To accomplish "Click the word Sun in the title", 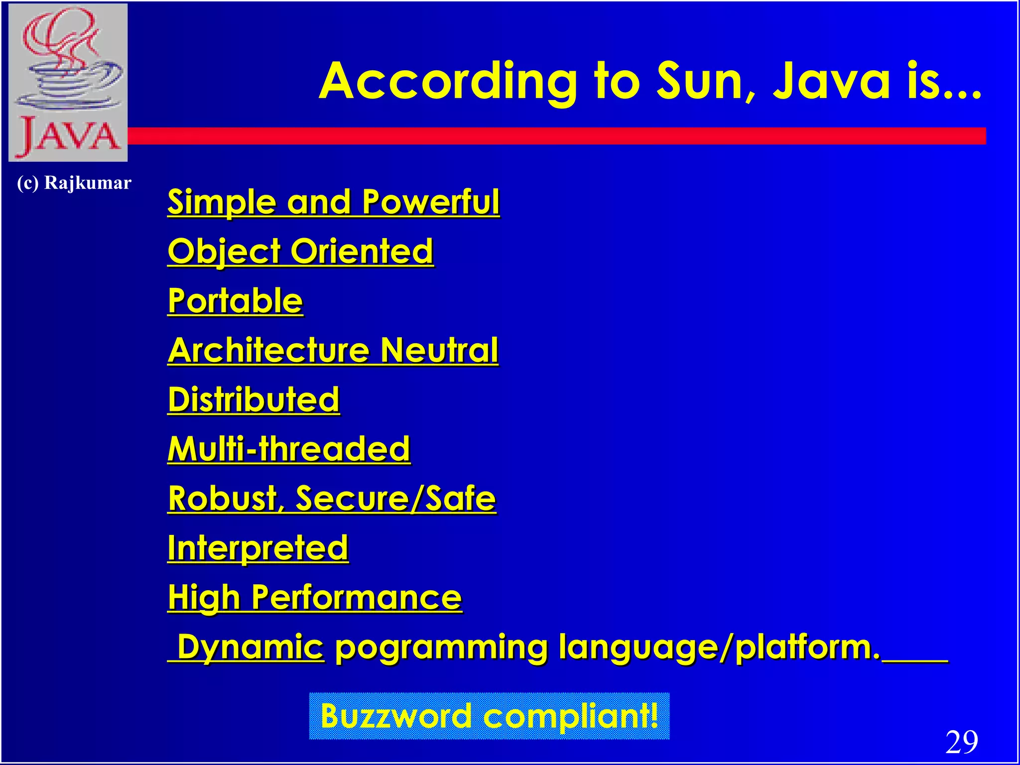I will [704, 81].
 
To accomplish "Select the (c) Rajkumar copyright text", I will [74, 183].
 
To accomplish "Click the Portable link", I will [235, 301].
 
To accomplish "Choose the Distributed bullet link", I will [254, 399].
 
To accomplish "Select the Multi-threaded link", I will [289, 449].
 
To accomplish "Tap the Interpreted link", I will [257, 548].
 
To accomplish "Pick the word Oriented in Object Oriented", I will [362, 251].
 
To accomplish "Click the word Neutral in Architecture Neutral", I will [439, 350].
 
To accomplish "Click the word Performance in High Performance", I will [356, 597].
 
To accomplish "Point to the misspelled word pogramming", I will [441, 648].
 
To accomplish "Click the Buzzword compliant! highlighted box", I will [489, 716].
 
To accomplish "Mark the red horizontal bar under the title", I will [557, 136].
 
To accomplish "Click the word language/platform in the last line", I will [719, 647].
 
